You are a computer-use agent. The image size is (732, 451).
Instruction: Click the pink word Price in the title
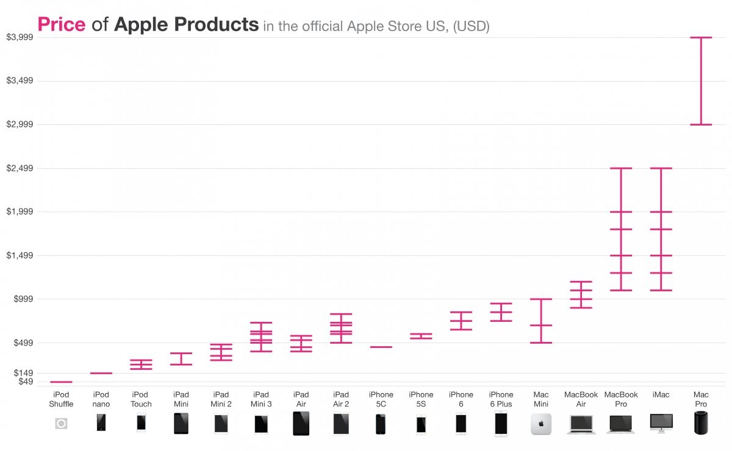point(61,24)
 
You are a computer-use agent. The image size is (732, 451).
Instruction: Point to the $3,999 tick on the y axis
point(19,37)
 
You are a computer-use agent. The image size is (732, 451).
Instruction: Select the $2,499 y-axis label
point(19,168)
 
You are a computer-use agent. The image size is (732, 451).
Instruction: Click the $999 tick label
point(21,299)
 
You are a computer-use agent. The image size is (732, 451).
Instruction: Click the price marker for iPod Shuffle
point(61,382)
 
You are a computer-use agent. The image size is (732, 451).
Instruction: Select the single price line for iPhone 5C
point(381,347)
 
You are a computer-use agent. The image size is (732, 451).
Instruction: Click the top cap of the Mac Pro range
point(701,38)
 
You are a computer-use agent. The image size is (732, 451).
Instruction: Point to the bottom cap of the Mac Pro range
point(701,124)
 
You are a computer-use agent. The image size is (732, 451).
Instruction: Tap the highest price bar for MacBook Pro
point(620,168)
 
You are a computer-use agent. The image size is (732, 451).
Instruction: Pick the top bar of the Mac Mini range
point(540,299)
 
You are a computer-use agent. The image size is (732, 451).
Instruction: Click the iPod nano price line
point(101,373)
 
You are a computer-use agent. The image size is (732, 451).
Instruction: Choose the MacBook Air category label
point(581,399)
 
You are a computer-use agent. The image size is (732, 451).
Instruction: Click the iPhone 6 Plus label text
point(501,399)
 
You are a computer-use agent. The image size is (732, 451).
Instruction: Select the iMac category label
point(661,395)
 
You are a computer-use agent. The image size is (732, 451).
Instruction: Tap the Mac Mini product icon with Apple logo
point(540,424)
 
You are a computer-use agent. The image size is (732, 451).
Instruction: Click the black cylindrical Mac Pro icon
point(701,423)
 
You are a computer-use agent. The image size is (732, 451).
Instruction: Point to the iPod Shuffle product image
point(61,424)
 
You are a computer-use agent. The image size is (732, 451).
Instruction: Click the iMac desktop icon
point(661,422)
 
